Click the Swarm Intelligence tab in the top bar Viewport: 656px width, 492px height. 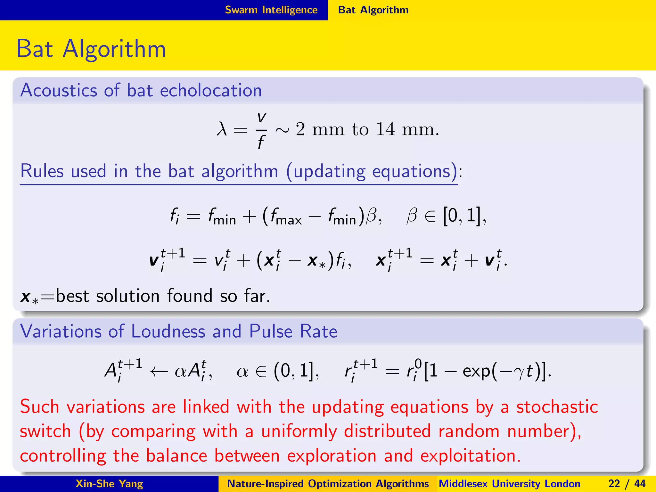point(271,10)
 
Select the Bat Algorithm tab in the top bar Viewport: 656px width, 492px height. point(373,10)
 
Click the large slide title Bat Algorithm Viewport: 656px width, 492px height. point(91,49)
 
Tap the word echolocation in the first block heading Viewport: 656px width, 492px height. point(211,90)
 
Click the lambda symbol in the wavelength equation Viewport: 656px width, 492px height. point(222,130)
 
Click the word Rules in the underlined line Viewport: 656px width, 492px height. point(42,171)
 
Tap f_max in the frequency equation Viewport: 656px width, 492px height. point(286,216)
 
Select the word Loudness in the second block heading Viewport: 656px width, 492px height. point(168,331)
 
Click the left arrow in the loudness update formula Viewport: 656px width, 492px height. point(159,372)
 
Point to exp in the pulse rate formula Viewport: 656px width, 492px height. point(476,372)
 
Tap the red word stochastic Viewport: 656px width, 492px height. point(557,407)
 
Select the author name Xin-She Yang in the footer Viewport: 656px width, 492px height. point(109,484)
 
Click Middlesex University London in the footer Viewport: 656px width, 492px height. point(509,484)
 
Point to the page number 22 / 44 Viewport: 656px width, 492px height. point(627,484)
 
